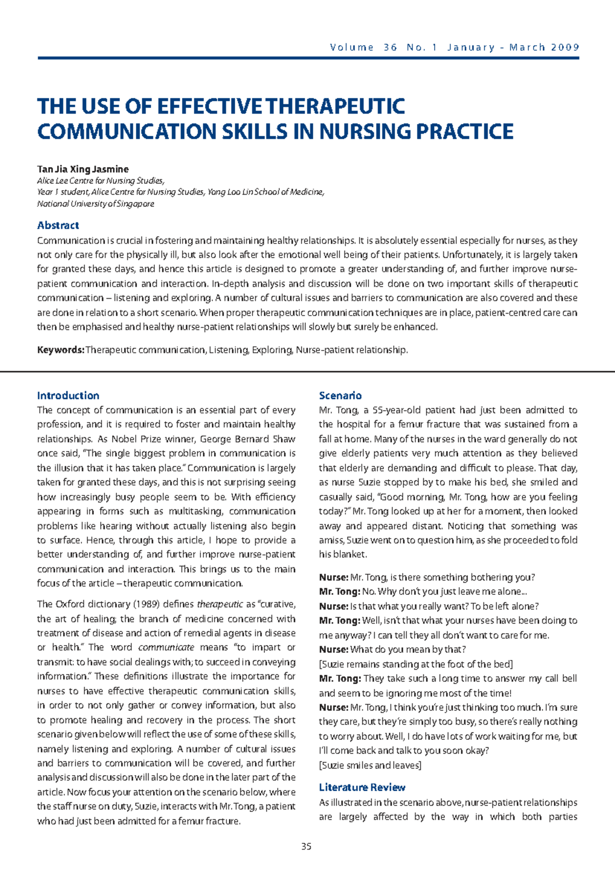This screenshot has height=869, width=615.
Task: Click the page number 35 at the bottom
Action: pos(306,846)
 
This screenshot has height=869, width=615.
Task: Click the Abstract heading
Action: pos(58,225)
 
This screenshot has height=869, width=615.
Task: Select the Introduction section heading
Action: pos(68,396)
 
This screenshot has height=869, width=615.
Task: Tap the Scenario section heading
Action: pos(340,396)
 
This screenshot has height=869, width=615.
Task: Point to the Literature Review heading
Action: pos(362,788)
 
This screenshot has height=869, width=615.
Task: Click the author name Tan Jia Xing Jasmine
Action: pos(83,169)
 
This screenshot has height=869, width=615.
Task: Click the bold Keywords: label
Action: pos(60,350)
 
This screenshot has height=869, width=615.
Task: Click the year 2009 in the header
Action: pos(565,48)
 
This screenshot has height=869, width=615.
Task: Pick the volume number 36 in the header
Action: pos(390,48)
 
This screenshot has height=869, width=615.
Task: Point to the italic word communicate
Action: pos(166,647)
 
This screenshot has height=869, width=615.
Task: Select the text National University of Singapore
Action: pos(95,204)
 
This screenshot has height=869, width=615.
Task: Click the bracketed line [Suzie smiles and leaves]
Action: pos(370,765)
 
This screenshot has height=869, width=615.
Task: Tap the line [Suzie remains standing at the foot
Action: pos(415,664)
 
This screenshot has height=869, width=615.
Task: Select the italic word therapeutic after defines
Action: pos(220,604)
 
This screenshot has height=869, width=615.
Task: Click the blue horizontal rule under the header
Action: pos(307,58)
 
